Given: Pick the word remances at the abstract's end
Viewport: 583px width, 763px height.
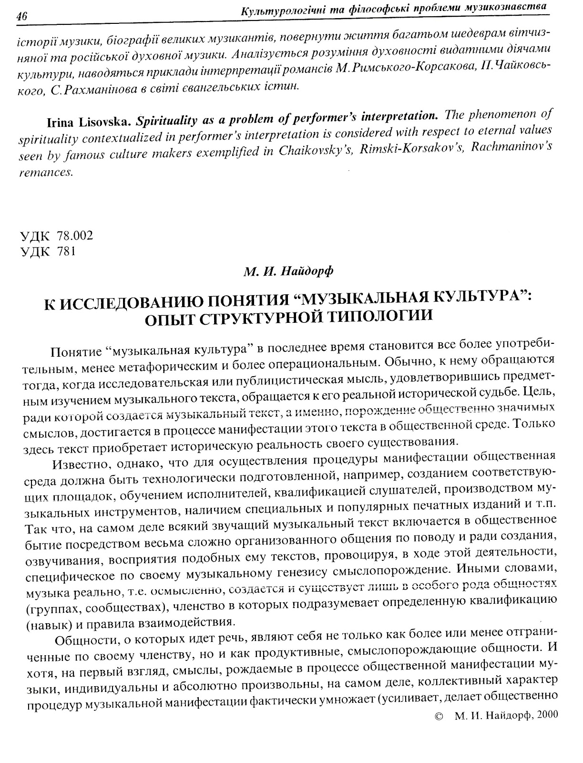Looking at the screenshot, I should point(46,173).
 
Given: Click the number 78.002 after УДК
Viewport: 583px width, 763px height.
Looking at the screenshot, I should point(74,236).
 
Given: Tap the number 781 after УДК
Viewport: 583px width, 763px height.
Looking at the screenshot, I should point(66,251).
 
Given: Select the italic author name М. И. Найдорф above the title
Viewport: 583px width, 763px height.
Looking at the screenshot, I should point(288,272).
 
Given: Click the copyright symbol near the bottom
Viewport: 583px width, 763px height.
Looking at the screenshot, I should point(439,715).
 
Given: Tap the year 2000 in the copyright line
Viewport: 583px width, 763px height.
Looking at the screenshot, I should point(545,714).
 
